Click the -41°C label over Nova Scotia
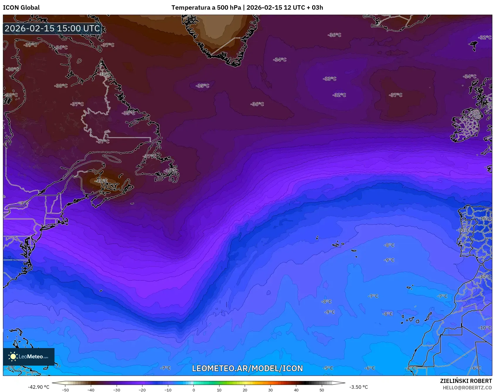click(x=101, y=181)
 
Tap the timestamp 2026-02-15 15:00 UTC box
click(x=52, y=28)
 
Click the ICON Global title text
click(x=21, y=8)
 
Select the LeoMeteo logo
click(x=29, y=357)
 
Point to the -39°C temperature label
click(x=31, y=45)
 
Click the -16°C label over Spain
click(x=485, y=219)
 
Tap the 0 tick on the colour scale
click(x=193, y=390)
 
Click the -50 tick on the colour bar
click(x=65, y=390)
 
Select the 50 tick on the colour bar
click(x=322, y=390)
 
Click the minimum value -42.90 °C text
click(x=39, y=387)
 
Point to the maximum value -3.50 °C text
click(x=358, y=387)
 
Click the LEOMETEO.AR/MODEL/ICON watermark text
click(x=247, y=368)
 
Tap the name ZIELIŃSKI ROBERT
click(x=466, y=381)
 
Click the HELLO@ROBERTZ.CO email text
click(x=467, y=388)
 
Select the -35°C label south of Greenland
click(x=203, y=86)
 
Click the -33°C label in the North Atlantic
click(x=330, y=79)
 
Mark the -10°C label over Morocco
click(x=485, y=328)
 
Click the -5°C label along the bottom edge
click(x=328, y=368)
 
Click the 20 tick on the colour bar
click(x=245, y=390)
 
